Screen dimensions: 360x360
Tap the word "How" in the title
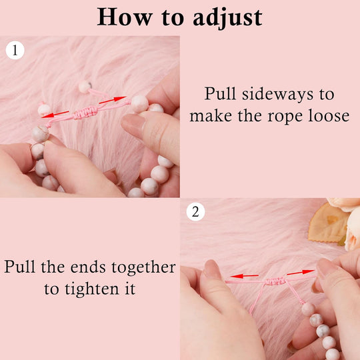click(125, 17)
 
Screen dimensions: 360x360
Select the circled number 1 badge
click(15, 50)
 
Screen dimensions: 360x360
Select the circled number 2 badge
click(195, 212)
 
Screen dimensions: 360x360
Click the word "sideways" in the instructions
click(277, 94)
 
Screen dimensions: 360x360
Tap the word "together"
click(144, 268)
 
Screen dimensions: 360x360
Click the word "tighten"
click(92, 289)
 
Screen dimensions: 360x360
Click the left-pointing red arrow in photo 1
click(55, 114)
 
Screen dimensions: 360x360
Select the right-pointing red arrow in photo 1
click(113, 100)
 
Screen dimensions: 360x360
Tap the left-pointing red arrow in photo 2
click(245, 276)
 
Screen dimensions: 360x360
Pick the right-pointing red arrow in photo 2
click(301, 273)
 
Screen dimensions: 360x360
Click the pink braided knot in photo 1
click(85, 112)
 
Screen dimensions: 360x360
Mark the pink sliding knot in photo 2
click(275, 281)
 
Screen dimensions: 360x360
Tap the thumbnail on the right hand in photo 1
click(131, 125)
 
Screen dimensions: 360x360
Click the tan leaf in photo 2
click(328, 223)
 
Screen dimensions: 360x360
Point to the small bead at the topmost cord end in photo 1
click(85, 87)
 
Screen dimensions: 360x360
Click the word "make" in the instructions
click(211, 116)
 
